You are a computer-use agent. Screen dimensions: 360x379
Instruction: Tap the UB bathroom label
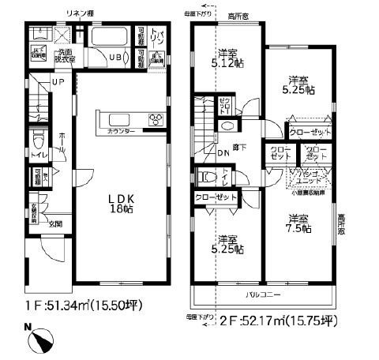[x=114, y=56]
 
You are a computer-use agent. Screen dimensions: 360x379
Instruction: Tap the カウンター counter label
[x=121, y=130]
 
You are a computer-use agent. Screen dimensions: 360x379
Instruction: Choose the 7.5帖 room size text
[x=298, y=229]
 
